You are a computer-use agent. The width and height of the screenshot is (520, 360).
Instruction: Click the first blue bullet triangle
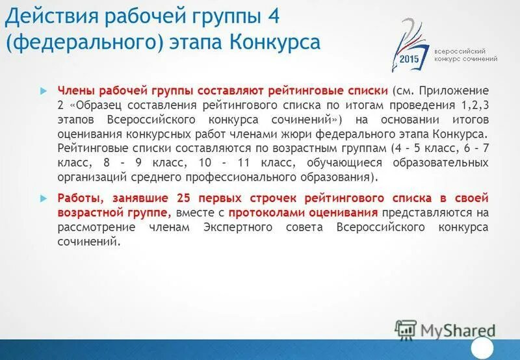[44, 90]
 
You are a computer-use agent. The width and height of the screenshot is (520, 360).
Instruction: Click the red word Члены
[75, 90]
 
